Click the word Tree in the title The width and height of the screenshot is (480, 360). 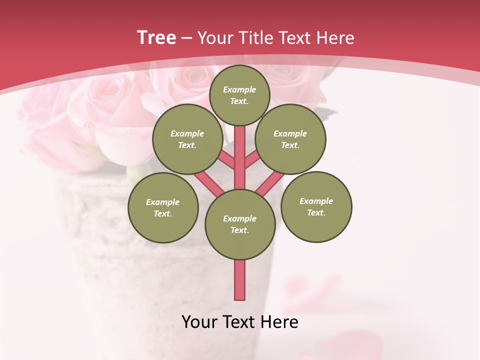tap(156, 38)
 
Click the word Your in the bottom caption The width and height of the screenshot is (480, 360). tap(200, 322)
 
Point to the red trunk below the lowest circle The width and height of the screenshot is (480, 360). tap(239, 280)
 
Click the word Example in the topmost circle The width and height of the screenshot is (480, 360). tap(239, 90)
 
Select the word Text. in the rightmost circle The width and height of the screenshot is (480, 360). tap(316, 212)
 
